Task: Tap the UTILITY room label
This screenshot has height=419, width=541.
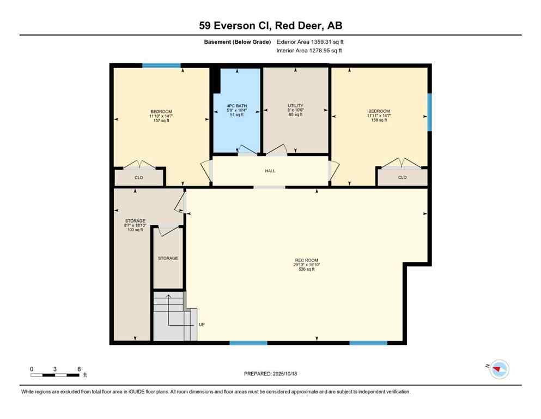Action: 295,105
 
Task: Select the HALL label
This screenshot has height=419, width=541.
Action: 270,171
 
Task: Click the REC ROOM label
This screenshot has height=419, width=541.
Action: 306,260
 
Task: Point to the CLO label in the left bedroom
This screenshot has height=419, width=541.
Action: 139,177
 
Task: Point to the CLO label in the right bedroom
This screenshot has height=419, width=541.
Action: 402,177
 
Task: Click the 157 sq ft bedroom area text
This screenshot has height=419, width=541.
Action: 161,121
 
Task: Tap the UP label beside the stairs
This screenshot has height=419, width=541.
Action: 202,325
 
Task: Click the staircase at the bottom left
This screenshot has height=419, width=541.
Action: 173,316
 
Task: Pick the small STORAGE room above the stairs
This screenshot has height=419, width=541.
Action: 168,258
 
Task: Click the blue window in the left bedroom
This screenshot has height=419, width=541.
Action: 161,65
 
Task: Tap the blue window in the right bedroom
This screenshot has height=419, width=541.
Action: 429,112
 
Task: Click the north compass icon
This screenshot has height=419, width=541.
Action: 499,369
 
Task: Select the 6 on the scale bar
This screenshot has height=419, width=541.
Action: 79,369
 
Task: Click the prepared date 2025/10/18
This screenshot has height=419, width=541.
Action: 270,374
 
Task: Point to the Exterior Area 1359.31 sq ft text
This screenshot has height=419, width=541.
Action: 310,42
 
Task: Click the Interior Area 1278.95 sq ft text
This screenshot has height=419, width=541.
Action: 309,51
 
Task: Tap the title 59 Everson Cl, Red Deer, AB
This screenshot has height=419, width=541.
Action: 270,25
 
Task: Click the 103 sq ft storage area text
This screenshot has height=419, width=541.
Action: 135,230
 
